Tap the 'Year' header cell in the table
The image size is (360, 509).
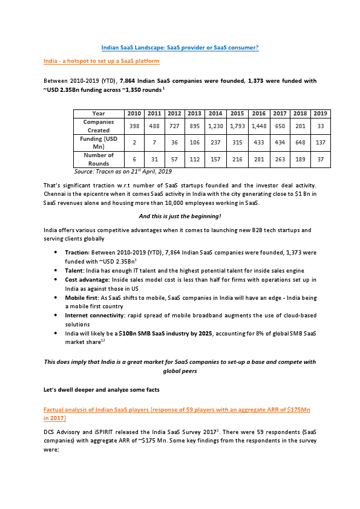tap(98, 114)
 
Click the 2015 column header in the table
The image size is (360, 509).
tap(237, 114)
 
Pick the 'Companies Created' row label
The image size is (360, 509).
tap(98, 126)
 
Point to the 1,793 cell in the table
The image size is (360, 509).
tap(237, 126)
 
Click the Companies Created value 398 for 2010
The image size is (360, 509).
tap(134, 126)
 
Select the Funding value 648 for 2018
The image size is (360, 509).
tap(299, 143)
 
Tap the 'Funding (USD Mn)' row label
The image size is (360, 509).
tap(98, 143)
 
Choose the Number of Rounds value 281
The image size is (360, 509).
tap(258, 160)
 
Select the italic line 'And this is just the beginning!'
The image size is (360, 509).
tap(180, 216)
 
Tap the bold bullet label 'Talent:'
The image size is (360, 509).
tap(76, 270)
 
